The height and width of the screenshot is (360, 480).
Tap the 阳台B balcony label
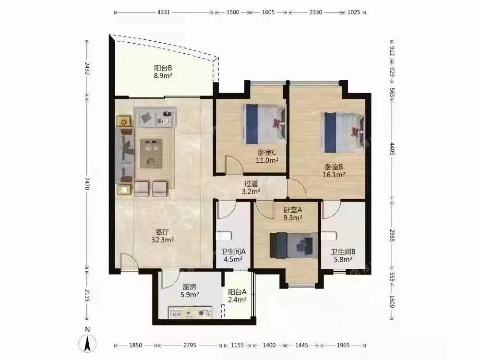(163, 68)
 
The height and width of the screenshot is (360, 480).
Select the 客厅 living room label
(163, 232)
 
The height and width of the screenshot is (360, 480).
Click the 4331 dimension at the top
(164, 12)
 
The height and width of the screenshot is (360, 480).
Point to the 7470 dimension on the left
(87, 183)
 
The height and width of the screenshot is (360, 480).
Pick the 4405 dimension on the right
(392, 148)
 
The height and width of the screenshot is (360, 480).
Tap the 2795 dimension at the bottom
(190, 345)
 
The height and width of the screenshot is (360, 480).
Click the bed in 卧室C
(264, 124)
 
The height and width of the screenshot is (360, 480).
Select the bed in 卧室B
(342, 132)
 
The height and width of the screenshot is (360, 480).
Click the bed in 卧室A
(294, 245)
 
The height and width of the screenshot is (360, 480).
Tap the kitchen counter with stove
(191, 312)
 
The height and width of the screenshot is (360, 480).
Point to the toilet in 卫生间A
(224, 236)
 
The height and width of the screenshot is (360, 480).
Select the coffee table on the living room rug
(151, 154)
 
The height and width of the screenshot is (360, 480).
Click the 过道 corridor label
(251, 184)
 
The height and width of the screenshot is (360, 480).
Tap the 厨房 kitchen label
(190, 287)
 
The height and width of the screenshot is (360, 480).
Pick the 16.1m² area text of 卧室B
(334, 175)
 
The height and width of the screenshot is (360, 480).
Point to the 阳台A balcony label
(237, 292)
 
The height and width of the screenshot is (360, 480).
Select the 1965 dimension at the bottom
(343, 345)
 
